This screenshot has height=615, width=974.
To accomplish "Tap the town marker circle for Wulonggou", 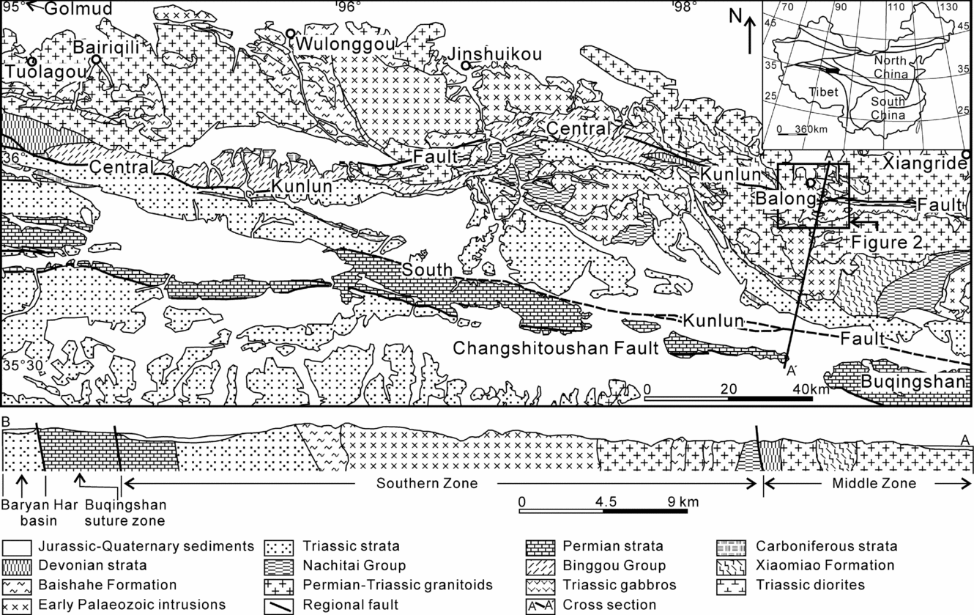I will pyautogui.click(x=291, y=33).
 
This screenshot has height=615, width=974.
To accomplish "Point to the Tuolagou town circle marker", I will pyautogui.click(x=32, y=61).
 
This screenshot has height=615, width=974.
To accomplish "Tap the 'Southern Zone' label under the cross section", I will pyautogui.click(x=427, y=483).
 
